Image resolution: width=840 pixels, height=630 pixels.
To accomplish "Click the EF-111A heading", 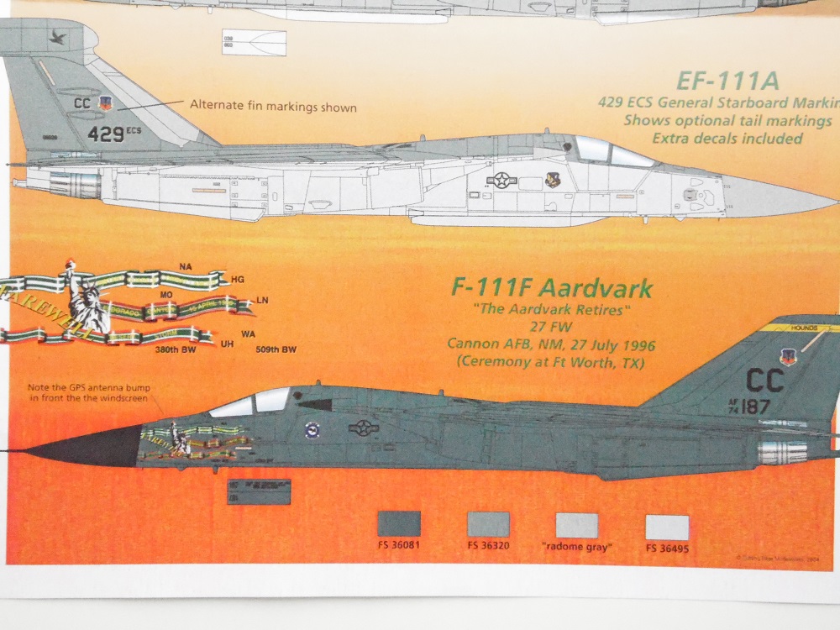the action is [x=728, y=81].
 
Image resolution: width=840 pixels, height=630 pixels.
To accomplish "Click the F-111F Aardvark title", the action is [x=552, y=289].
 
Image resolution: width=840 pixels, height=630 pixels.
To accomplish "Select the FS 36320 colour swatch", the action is [x=488, y=524].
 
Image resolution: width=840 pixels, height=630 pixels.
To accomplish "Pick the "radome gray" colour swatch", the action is [x=577, y=525].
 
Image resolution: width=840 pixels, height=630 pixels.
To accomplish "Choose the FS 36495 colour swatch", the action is [x=667, y=527].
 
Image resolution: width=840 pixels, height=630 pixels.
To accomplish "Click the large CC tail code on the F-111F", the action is [x=764, y=381].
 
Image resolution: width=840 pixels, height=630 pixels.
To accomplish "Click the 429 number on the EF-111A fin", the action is [x=107, y=133].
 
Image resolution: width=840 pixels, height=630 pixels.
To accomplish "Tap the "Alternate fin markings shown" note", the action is [x=273, y=107].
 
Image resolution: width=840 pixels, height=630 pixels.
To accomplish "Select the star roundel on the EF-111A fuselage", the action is [x=501, y=179].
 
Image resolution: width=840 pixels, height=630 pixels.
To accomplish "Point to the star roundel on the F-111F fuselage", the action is [x=364, y=428].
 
